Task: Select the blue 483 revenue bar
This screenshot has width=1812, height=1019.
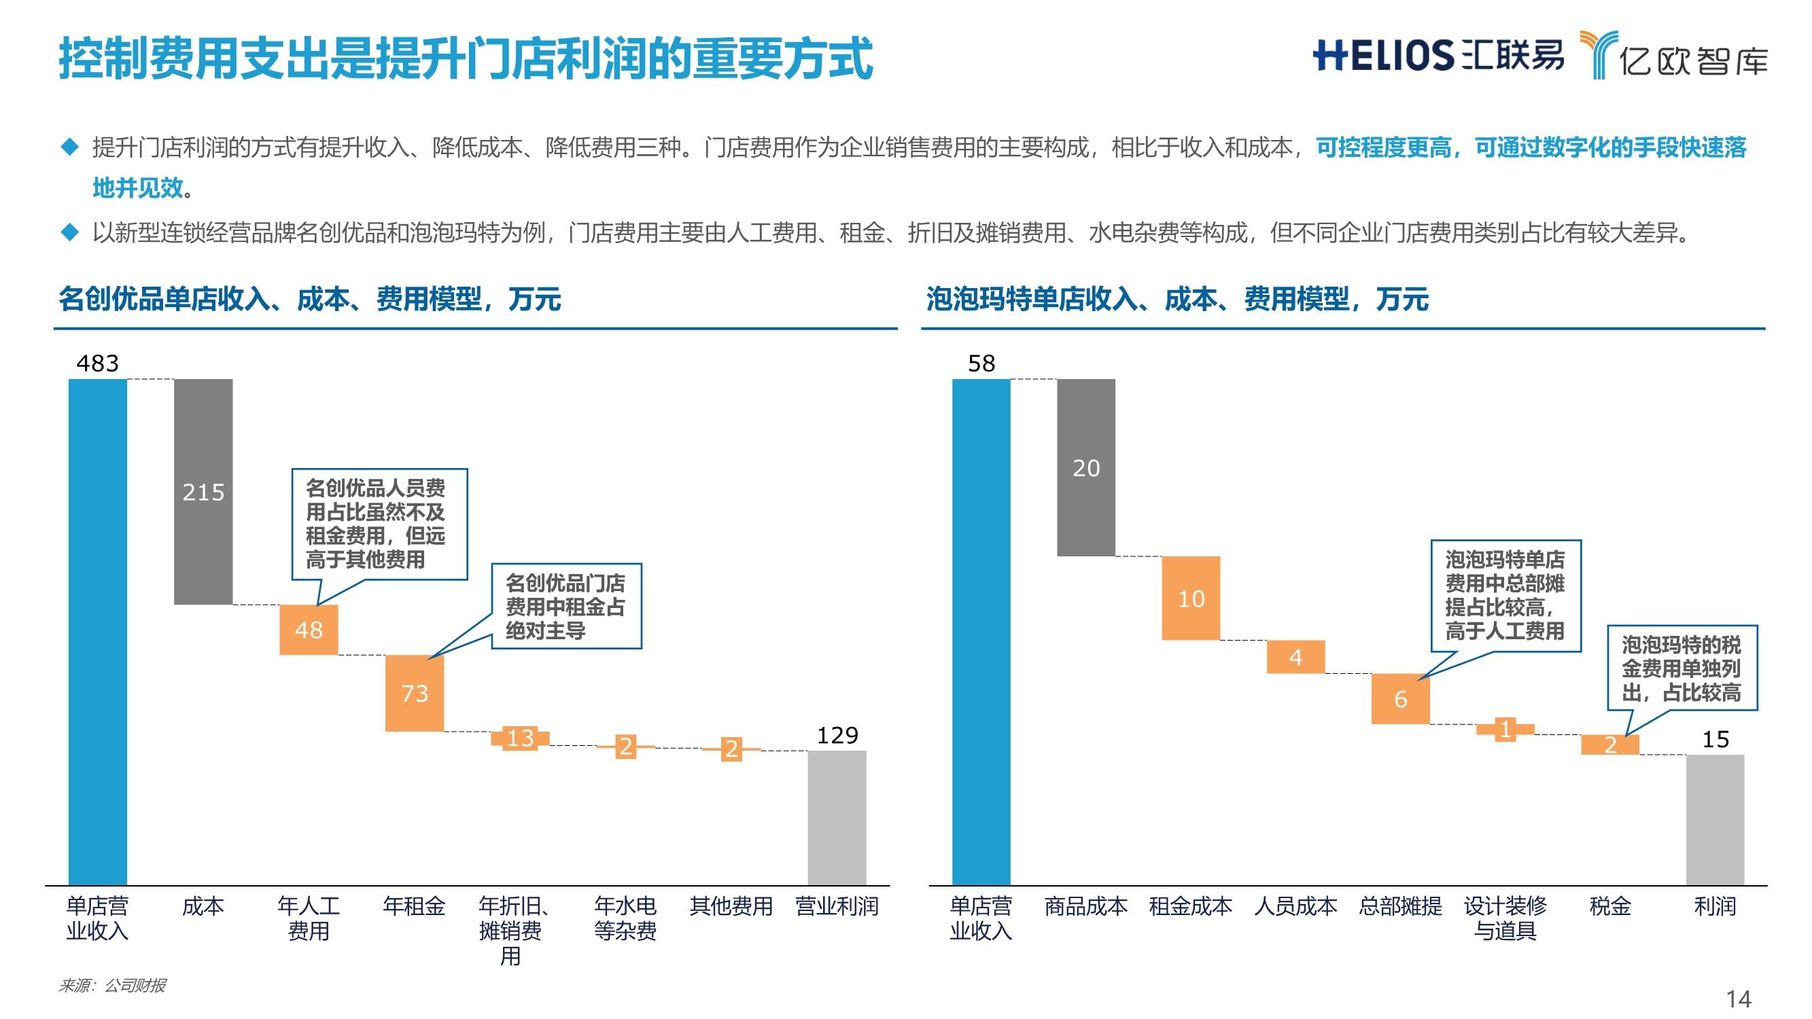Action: pos(97,631)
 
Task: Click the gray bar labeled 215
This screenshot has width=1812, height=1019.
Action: pos(203,491)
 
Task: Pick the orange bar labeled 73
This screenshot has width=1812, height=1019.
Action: pos(415,693)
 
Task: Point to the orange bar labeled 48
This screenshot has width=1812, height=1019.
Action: pos(309,630)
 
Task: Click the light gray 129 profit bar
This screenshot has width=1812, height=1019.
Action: pos(837,817)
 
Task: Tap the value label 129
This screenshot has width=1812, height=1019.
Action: pos(837,735)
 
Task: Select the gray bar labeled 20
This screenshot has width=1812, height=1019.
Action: pos(1085,467)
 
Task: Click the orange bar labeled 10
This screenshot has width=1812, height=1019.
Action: pos(1190,598)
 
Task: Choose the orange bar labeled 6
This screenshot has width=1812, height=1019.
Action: pos(1400,698)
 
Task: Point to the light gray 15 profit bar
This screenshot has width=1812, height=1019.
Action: pos(1715,819)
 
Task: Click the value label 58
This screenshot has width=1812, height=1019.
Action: pos(981,363)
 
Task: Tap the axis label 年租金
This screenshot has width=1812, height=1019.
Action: pos(415,906)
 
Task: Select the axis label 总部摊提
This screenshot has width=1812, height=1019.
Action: pos(1400,906)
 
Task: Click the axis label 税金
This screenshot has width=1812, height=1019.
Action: pos(1609,906)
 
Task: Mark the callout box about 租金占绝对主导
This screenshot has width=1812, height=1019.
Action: pos(565,605)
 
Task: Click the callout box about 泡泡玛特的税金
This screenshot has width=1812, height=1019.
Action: pos(1682,667)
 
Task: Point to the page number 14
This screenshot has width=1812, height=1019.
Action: pos(1739,998)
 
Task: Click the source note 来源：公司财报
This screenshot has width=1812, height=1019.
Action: pos(112,985)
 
